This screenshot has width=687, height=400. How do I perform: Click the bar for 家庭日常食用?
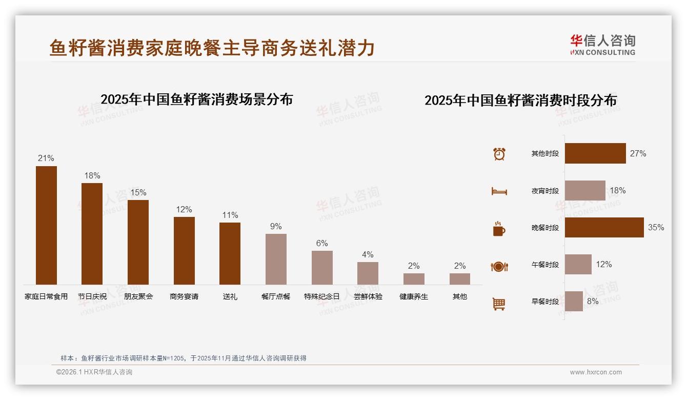[46, 225]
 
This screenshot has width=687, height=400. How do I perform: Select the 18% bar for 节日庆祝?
[92, 234]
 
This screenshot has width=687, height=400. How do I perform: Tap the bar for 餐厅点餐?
[276, 259]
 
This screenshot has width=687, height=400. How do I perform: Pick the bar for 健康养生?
[414, 279]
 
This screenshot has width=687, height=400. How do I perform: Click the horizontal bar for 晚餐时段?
[604, 227]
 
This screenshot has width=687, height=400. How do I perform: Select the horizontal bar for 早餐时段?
[574, 301]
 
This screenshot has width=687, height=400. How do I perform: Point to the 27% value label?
[638, 153]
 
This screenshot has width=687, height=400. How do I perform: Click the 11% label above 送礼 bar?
[230, 215]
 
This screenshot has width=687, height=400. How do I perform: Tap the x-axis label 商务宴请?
[184, 296]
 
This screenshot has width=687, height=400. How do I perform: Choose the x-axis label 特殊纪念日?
[321, 296]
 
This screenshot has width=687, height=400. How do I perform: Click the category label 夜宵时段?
[545, 191]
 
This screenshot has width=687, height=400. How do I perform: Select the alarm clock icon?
[499, 154]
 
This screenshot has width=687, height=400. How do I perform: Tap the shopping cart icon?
[499, 304]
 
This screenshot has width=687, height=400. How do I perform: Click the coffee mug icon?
[499, 229]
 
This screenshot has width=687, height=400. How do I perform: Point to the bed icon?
[499, 191]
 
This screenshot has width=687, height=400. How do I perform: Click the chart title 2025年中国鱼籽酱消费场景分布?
[196, 99]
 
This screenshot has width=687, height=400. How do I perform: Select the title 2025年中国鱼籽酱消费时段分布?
[520, 101]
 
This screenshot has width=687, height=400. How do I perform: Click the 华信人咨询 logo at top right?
[602, 45]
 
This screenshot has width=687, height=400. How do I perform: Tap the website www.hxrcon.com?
[596, 372]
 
